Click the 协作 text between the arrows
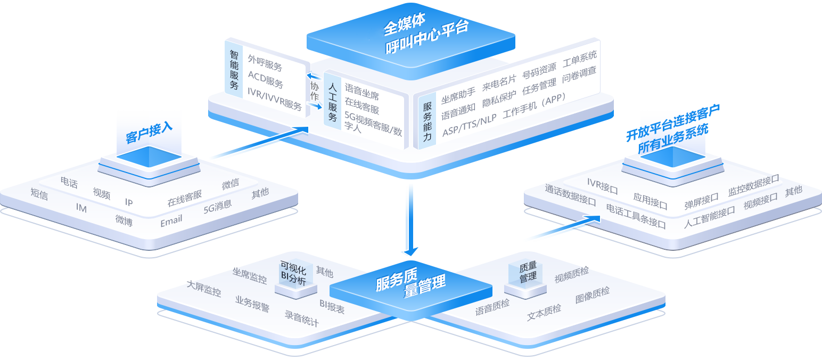pyautogui.click(x=315, y=91)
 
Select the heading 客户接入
pyautogui.click(x=149, y=133)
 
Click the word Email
pyautogui.click(x=171, y=220)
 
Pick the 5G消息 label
pyautogui.click(x=217, y=207)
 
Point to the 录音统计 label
pyautogui.click(x=302, y=318)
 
